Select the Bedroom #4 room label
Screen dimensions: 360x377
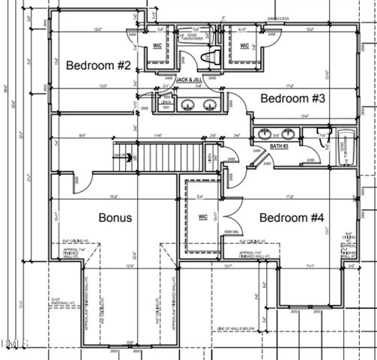(292, 217)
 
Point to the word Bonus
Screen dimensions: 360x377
(115, 217)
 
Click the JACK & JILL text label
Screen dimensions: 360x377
(189, 79)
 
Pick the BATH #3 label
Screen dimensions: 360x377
(279, 145)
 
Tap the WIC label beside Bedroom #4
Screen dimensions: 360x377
(202, 217)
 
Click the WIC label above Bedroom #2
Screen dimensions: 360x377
(158, 46)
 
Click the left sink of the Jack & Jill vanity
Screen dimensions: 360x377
(188, 104)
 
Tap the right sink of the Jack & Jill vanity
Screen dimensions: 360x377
(211, 104)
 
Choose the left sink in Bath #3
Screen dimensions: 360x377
(265, 133)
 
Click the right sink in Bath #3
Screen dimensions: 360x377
(288, 133)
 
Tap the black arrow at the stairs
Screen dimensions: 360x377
(130, 157)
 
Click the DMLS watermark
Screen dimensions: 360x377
(15, 343)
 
